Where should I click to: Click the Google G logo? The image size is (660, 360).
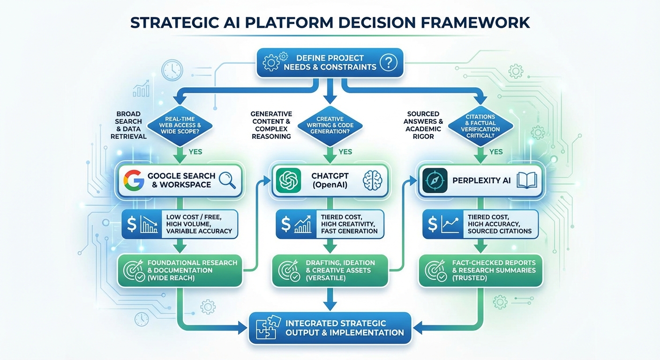[x=134, y=180]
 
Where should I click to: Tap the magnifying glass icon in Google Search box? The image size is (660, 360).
[x=226, y=180]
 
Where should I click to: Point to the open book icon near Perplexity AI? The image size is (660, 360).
[x=526, y=180]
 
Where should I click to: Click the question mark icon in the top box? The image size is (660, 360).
[x=388, y=62]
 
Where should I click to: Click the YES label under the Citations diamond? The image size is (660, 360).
[x=495, y=152]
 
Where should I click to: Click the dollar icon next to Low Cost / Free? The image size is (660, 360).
[x=132, y=225]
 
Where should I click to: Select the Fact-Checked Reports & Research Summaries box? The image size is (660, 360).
[x=480, y=270]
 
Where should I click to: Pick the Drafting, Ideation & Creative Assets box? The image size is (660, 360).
[x=330, y=270]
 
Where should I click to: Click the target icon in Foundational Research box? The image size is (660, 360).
[x=133, y=270]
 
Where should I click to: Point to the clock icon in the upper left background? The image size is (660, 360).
[x=172, y=71]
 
